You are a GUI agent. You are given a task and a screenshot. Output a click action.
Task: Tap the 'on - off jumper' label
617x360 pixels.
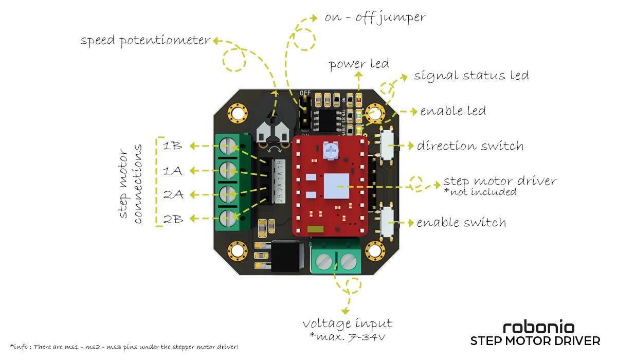375,18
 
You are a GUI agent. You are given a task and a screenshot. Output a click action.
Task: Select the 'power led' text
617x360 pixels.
359,64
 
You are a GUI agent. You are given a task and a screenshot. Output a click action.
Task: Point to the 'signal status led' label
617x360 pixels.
471,76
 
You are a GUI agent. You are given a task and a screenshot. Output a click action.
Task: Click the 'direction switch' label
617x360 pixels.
470,146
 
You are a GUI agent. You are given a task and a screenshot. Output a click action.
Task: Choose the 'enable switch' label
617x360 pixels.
461,223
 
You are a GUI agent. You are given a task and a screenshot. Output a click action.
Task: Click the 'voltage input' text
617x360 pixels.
347,323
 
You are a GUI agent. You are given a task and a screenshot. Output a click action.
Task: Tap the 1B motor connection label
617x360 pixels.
172,146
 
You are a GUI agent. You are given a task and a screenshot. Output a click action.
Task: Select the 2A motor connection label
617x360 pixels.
172,195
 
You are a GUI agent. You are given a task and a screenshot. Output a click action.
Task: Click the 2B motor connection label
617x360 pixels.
172,219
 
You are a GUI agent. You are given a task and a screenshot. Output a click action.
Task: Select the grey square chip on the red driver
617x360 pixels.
338,186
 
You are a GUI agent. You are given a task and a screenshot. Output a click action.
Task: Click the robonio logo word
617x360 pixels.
538,327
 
